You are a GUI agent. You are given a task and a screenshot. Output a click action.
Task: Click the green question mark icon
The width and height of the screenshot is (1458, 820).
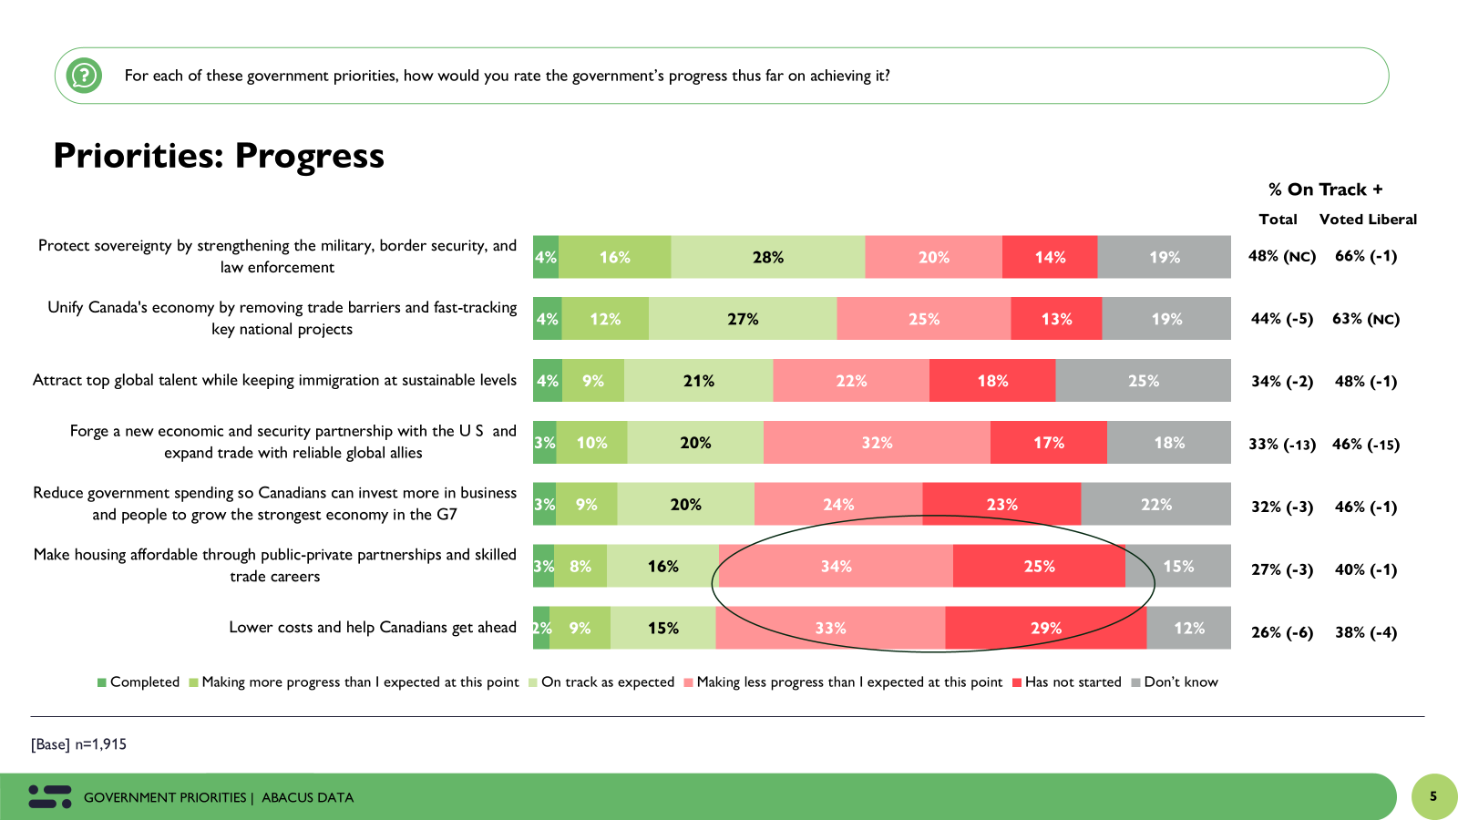(84, 76)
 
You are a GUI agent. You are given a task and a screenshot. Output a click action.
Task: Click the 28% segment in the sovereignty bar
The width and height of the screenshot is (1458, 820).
(767, 257)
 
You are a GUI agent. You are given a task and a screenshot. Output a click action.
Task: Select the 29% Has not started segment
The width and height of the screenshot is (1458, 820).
(1045, 628)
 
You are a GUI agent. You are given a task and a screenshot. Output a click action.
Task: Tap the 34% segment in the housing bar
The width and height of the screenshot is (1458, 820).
(836, 566)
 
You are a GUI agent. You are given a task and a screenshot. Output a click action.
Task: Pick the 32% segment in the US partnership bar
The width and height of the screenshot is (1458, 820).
(877, 443)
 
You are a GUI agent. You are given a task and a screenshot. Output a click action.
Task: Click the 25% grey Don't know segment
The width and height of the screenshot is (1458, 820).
(1143, 381)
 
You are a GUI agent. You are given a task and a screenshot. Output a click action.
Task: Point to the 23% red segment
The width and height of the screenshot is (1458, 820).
(1001, 504)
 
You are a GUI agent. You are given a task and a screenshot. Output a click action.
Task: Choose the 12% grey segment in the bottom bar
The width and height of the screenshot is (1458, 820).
(1188, 628)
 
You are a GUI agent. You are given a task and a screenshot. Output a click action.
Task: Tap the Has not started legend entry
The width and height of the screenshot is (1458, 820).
(1067, 682)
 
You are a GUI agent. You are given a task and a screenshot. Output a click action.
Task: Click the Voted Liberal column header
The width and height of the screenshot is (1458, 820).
(1367, 220)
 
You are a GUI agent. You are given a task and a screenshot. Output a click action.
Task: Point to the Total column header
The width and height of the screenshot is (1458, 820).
(1278, 220)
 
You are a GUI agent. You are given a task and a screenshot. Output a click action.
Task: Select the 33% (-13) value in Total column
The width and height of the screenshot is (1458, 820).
(1281, 445)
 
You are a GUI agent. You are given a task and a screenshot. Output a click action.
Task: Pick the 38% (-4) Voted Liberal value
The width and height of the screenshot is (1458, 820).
(1365, 632)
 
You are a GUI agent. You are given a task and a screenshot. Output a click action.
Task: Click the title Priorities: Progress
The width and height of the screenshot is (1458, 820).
(219, 156)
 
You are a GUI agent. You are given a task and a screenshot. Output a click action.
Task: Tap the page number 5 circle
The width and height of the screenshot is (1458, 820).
(1433, 796)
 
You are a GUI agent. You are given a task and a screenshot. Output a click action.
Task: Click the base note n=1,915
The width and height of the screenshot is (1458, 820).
(79, 744)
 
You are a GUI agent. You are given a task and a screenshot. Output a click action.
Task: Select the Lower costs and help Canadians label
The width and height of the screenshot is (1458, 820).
(372, 628)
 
